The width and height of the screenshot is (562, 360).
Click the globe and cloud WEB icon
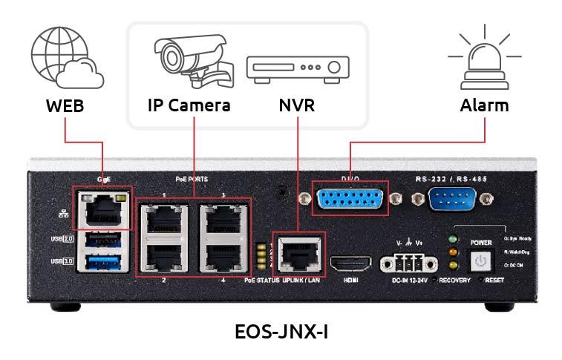66,58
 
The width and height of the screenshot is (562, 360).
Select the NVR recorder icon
297,68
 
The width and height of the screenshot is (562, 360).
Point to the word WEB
65,105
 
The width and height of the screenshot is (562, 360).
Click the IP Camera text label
189,105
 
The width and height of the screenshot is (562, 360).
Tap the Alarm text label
484,105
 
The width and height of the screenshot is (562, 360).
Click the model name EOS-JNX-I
281,332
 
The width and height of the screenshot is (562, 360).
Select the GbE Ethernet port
102,211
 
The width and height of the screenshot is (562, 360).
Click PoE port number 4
223,257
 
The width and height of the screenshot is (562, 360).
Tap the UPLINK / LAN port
298,253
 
